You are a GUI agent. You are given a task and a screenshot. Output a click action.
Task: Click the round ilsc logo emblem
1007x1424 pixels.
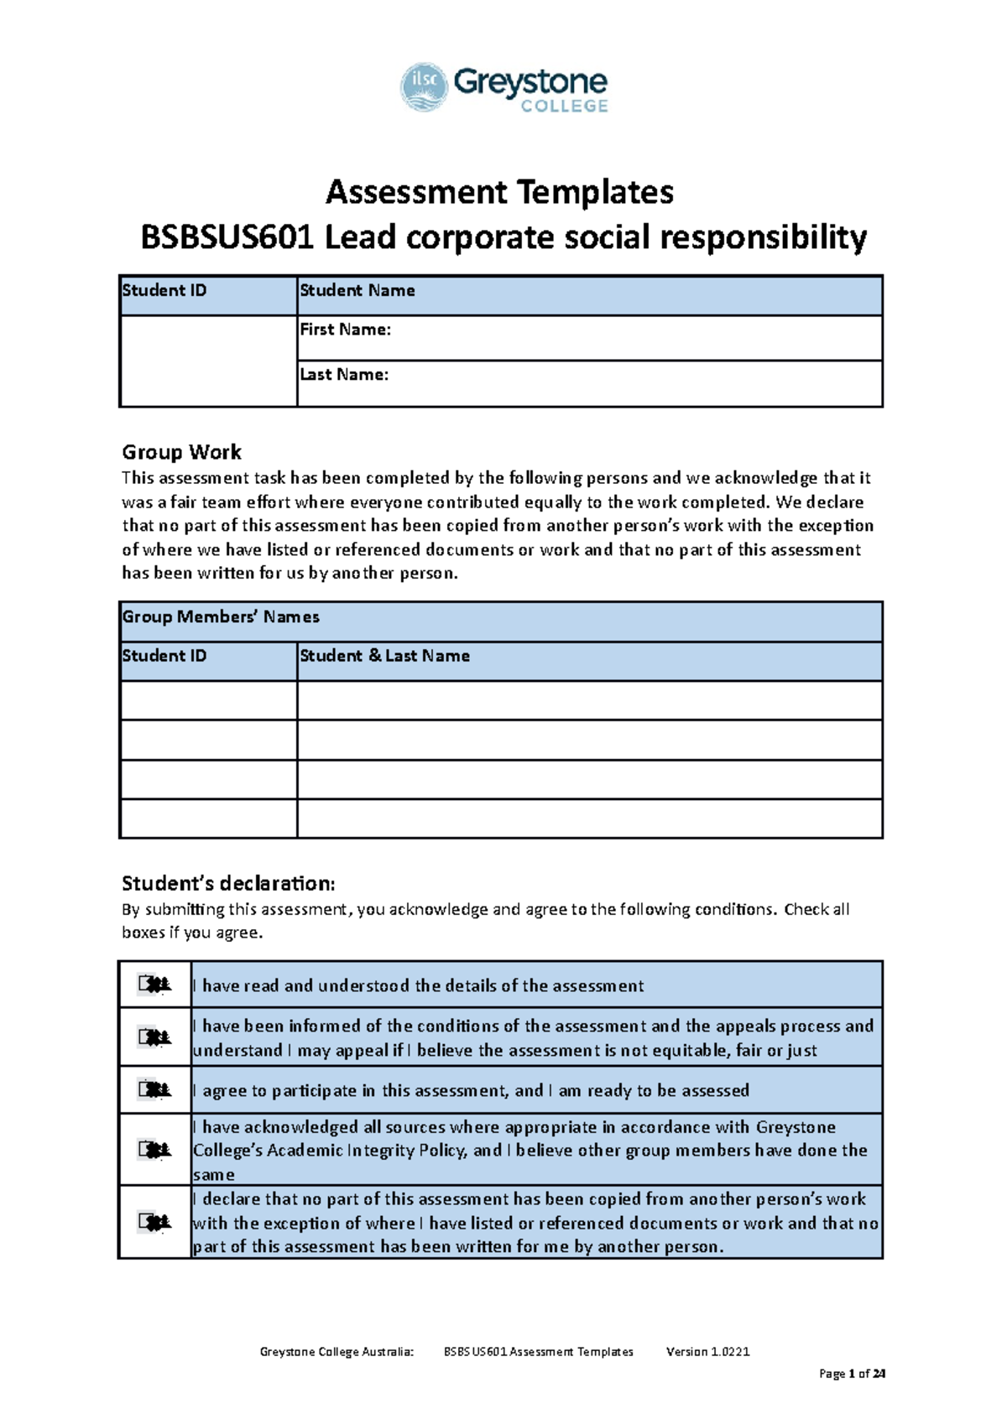[424, 86]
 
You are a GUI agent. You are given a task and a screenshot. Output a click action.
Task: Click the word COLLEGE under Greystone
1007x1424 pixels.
[564, 107]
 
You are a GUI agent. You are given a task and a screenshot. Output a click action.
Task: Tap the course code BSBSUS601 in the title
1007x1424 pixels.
[227, 238]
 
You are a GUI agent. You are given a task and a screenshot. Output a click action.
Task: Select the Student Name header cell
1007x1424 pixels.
[357, 291]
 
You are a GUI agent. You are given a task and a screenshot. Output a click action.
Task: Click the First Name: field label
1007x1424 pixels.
[346, 330]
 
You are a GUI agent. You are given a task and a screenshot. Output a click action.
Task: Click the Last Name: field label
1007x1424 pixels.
[344, 375]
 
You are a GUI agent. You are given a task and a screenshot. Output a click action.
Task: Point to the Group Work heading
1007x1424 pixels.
[181, 453]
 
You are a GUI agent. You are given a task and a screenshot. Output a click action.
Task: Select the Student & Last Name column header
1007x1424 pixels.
[384, 657]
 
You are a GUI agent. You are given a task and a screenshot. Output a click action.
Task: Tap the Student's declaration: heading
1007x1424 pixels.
[228, 884]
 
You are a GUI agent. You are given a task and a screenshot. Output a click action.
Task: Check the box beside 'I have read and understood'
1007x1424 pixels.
[154, 985]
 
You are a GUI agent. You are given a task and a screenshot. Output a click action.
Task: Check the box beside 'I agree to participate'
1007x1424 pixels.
[154, 1090]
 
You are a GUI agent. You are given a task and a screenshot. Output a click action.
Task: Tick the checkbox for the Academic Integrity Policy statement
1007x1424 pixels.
[154, 1150]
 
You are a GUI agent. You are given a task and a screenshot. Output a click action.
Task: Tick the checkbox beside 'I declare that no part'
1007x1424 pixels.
[154, 1223]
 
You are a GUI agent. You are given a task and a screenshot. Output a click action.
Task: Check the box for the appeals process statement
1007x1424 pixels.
[154, 1037]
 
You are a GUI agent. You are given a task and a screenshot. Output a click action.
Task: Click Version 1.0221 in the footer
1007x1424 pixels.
[707, 1352]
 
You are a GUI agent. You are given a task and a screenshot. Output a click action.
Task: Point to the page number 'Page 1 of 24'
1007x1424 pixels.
[852, 1374]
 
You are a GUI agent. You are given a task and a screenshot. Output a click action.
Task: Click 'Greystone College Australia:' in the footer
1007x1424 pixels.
[337, 1352]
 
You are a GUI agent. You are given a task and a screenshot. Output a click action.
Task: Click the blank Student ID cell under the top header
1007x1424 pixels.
[208, 361]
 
